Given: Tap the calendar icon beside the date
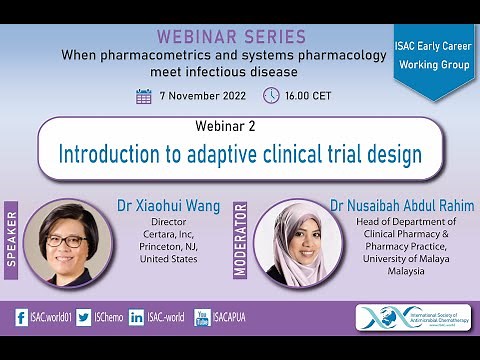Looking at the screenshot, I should click(144, 96).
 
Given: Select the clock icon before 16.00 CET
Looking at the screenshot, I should click(271, 96).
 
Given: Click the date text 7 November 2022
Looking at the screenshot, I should click(202, 96).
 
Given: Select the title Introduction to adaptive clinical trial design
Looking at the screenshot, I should click(240, 155).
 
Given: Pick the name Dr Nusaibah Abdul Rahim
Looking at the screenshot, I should click(402, 206).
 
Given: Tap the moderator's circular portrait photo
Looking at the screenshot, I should click(292, 243).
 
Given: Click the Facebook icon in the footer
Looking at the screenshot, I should click(21, 318).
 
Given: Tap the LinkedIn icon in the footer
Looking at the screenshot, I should click(137, 318).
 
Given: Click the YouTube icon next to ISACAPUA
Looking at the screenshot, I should click(202, 318).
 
